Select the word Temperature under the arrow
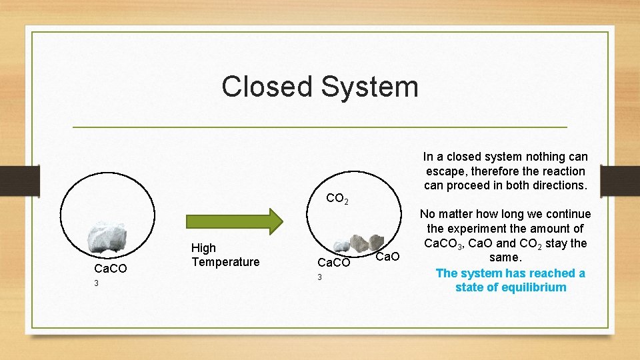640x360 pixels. (225, 262)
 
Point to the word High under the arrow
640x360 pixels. (203, 248)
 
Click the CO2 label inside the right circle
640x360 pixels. (337, 198)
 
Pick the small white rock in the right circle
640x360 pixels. (342, 245)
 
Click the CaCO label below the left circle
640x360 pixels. (111, 269)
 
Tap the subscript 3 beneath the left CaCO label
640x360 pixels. (97, 283)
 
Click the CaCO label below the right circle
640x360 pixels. (333, 263)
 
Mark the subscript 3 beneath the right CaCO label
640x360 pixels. (319, 277)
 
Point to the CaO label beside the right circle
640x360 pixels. (387, 257)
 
